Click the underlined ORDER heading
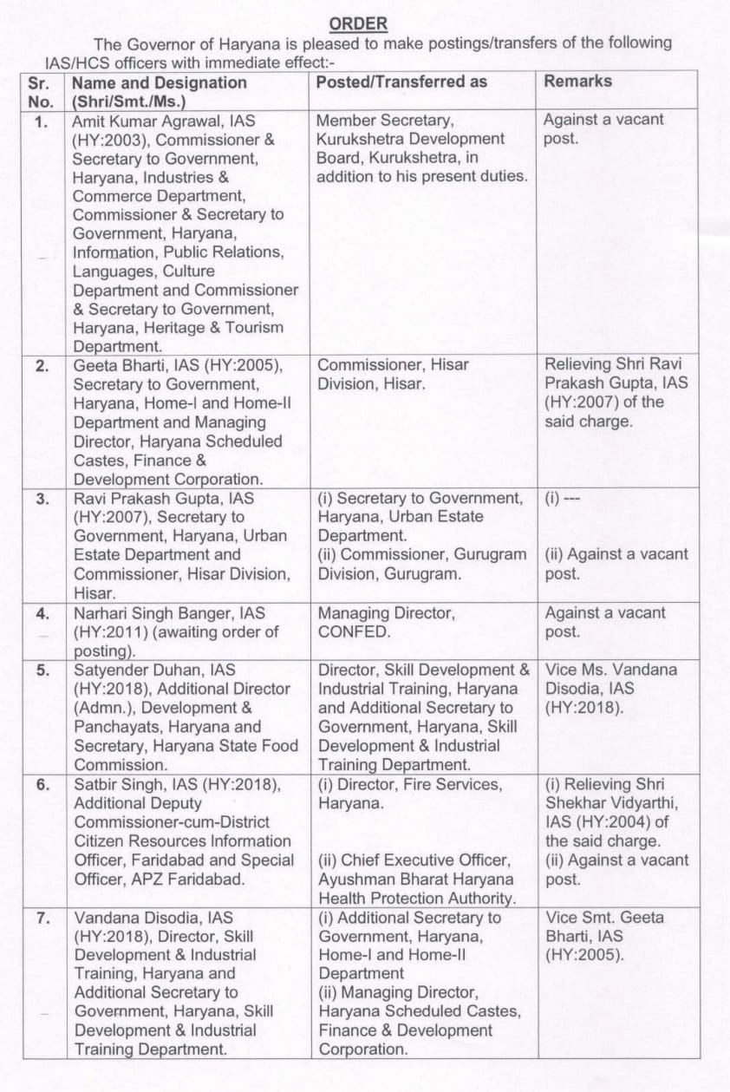click(360, 23)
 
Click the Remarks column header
click(577, 81)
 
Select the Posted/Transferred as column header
click(401, 82)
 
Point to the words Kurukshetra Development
click(411, 139)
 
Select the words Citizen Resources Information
click(182, 841)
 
